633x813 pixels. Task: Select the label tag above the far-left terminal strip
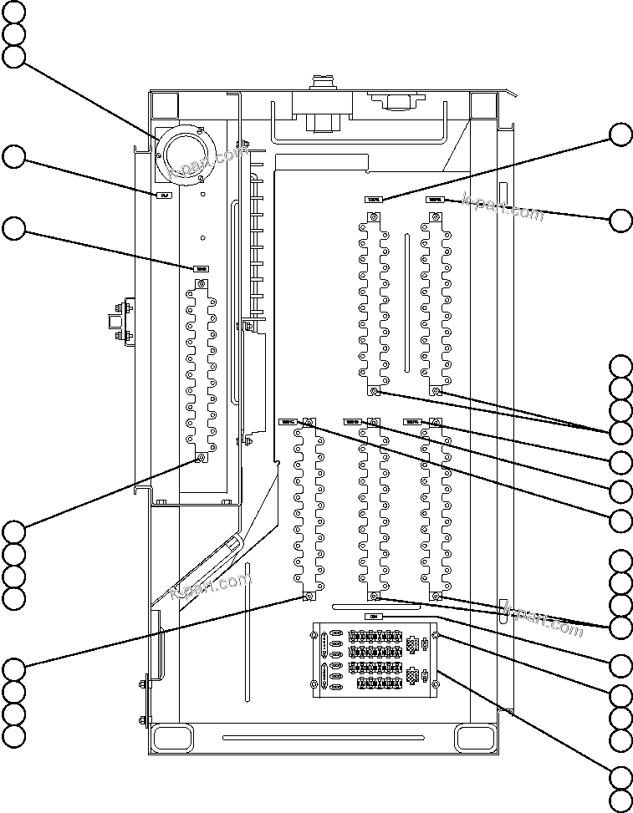tap(201, 268)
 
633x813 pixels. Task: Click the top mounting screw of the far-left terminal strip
tap(201, 285)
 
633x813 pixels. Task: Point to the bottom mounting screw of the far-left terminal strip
tap(201, 458)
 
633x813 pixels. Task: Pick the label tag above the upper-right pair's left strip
tap(373, 200)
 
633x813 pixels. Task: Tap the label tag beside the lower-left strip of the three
tap(289, 422)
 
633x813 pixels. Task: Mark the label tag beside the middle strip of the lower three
tap(351, 422)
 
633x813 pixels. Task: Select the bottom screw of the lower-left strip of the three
tap(308, 597)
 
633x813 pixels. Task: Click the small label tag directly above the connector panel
tap(374, 616)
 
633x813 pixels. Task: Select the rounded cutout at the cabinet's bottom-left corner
tap(171, 738)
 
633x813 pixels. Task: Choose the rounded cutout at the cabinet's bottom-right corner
tap(477, 738)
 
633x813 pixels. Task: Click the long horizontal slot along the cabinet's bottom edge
tap(324, 737)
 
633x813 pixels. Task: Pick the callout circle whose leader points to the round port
tap(13, 56)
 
